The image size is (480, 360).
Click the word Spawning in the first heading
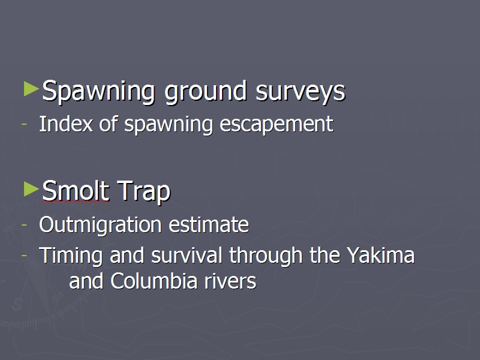point(98,91)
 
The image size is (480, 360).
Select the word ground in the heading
point(205,91)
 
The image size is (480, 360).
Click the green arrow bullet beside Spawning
point(31,89)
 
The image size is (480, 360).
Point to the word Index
point(66,124)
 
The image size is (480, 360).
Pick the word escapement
point(277,125)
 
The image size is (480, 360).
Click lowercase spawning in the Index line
point(169,125)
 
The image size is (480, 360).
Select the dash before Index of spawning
point(24,124)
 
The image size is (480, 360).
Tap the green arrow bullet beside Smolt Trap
point(31,189)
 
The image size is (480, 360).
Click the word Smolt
point(76,190)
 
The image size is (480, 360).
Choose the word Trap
point(143,191)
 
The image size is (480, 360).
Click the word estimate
point(209,225)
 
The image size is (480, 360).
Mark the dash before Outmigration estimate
point(24,224)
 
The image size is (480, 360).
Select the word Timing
point(71,256)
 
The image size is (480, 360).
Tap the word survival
point(187,254)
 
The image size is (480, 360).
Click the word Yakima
point(380,254)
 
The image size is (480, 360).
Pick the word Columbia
point(154,281)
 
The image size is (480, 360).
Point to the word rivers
point(230,281)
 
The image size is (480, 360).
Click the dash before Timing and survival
point(24,256)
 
